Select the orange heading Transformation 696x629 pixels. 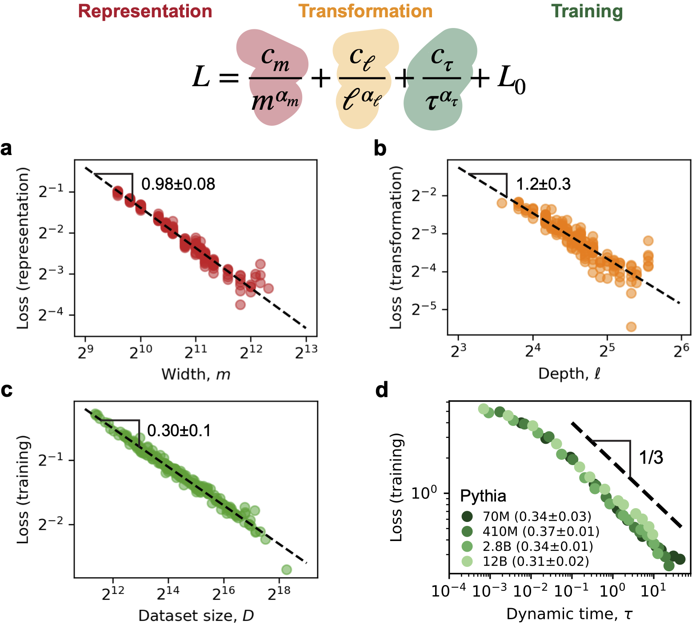pyautogui.click(x=365, y=12)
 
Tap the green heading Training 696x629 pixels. pyautogui.click(x=587, y=12)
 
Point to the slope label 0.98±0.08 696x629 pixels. pyautogui.click(x=178, y=184)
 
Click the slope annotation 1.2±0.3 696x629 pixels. pyautogui.click(x=543, y=184)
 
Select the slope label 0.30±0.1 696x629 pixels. pyautogui.click(x=179, y=430)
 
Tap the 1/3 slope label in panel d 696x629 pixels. pyautogui.click(x=651, y=458)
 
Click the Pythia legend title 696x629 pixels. pyautogui.click(x=483, y=496)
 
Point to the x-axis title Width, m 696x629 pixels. pyautogui.click(x=196, y=374)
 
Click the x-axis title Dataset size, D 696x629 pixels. pyautogui.click(x=196, y=616)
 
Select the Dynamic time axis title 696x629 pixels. pyautogui.click(x=569, y=614)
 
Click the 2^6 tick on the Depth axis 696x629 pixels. pyautogui.click(x=681, y=351)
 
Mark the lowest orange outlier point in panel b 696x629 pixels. pyautogui.click(x=631, y=327)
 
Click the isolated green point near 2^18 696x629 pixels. pyautogui.click(x=286, y=569)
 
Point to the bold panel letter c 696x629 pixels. pyautogui.click(x=7, y=390)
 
